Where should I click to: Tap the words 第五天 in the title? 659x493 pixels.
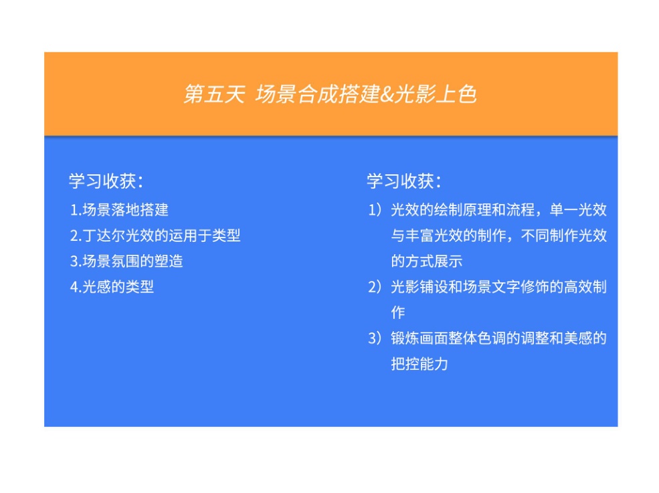coord(214,94)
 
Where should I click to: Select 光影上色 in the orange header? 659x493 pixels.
coord(436,94)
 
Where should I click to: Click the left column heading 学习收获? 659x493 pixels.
coord(106,181)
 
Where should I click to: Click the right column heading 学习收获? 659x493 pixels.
coord(404,181)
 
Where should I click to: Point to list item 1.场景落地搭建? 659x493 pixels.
coord(119,210)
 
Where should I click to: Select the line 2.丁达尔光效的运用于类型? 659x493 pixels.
coord(155,235)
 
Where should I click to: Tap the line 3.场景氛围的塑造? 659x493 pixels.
coord(126,261)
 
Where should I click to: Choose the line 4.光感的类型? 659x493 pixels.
coord(112,287)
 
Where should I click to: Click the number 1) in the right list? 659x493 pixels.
coord(375,210)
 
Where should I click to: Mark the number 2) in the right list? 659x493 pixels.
coord(375,287)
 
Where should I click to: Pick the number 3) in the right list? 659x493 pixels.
coord(375,338)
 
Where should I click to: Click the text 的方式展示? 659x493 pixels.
coord(427,261)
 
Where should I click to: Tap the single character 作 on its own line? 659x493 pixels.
coord(398,312)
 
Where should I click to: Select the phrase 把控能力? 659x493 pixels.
coord(419,363)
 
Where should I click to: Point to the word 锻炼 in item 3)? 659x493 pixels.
coord(405,338)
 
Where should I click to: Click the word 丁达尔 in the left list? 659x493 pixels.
coord(104,235)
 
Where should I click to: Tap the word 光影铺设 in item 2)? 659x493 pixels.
coord(419,287)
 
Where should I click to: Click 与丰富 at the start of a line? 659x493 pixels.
coord(412,235)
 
